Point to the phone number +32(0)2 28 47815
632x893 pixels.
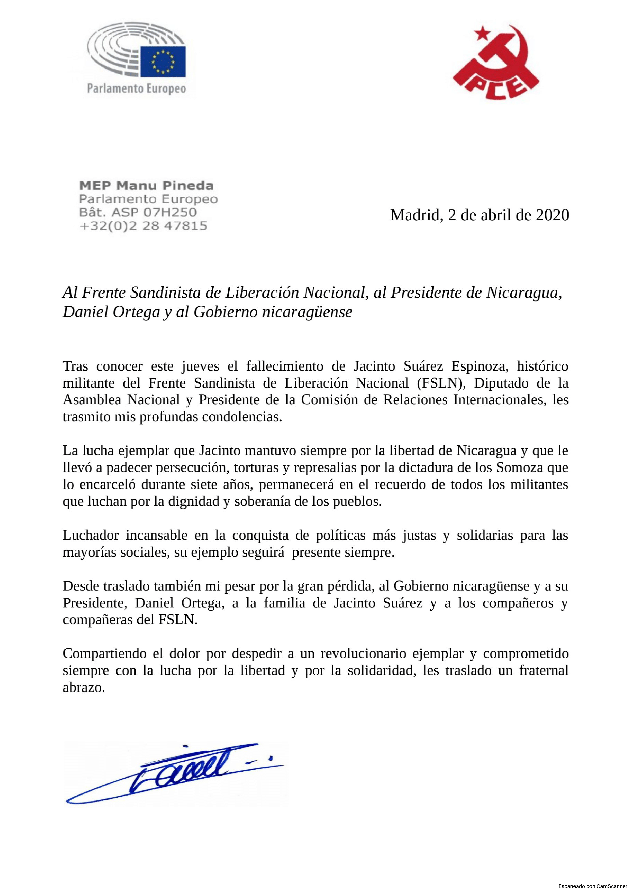pos(143,226)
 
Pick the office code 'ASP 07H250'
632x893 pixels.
pos(154,212)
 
